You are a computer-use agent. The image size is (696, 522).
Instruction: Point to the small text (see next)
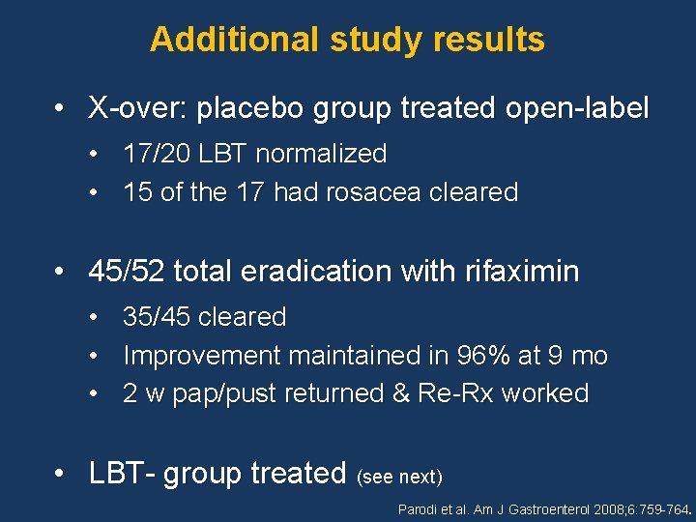coord(399,477)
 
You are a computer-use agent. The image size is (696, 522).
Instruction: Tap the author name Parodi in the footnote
coord(419,508)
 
